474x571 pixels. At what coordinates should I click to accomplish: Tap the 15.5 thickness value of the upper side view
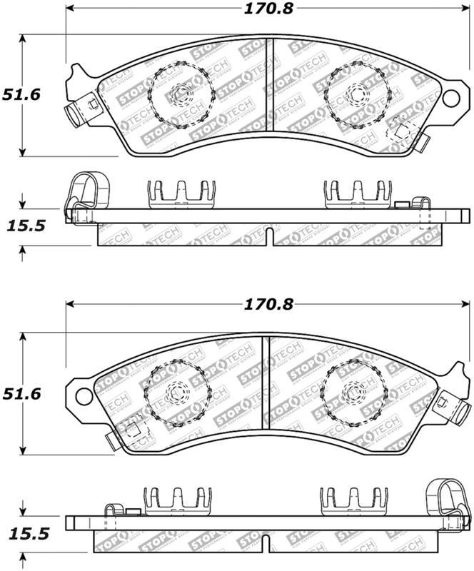point(27,226)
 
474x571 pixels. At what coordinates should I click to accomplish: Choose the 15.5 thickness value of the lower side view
point(27,533)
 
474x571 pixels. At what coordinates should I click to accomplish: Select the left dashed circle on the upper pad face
point(178,94)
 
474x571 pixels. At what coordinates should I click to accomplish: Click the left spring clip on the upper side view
point(180,193)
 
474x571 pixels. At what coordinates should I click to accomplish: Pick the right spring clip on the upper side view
point(356,193)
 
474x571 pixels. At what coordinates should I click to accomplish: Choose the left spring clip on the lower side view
point(178,500)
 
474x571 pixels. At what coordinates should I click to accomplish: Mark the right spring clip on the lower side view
point(354,500)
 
